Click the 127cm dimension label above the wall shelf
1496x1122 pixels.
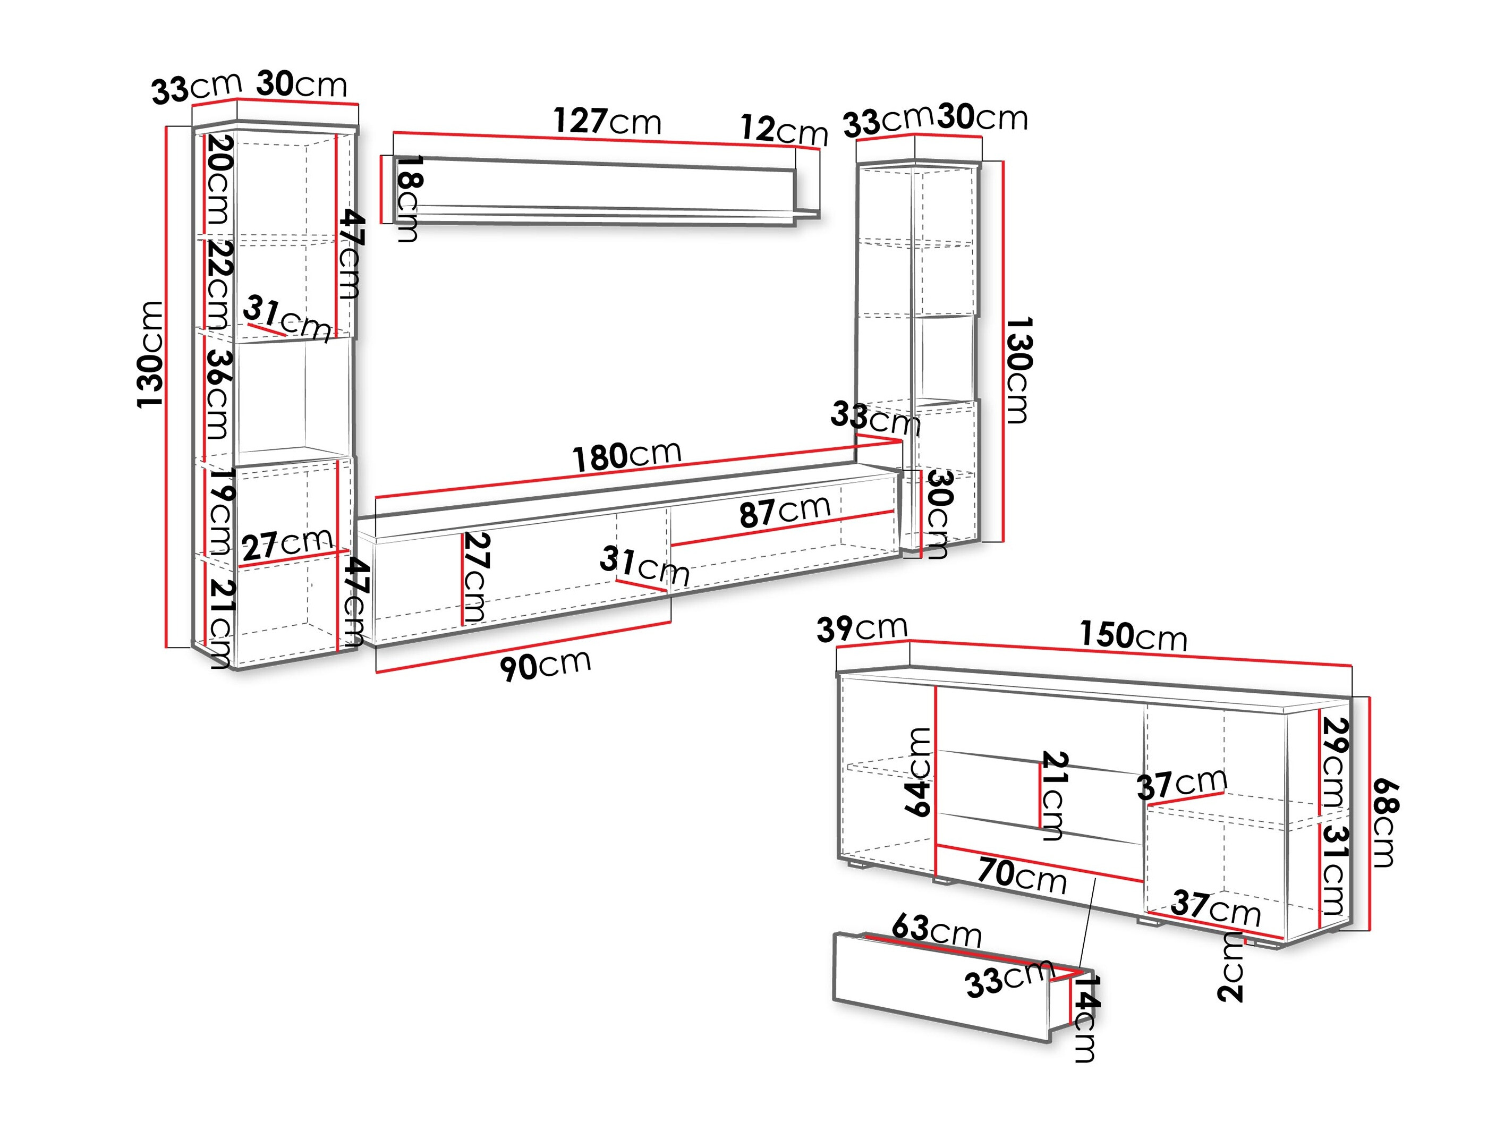point(607,122)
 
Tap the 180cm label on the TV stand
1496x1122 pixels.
point(626,456)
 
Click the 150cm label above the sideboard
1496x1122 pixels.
point(1133,636)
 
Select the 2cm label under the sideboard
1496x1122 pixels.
point(1231,967)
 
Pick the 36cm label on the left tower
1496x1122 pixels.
point(218,394)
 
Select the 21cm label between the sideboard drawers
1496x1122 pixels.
point(1053,795)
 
